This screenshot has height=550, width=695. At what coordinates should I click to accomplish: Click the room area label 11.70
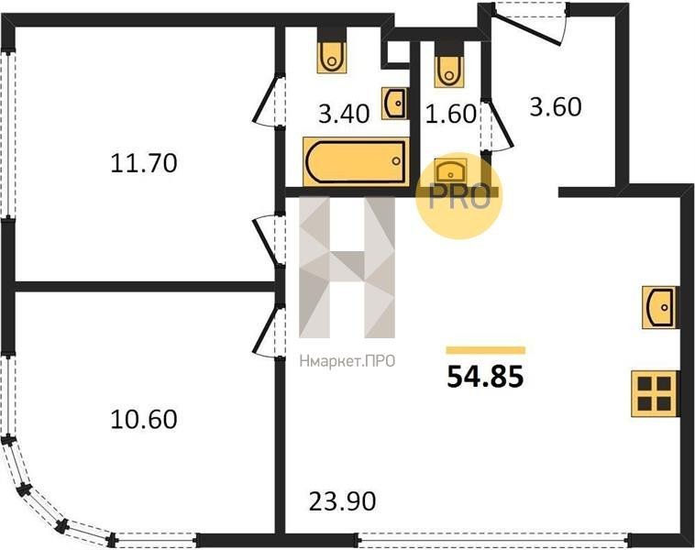click(144, 162)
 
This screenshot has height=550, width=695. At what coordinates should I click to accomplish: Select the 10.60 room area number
click(144, 419)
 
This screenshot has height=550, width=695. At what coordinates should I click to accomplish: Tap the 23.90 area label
click(342, 501)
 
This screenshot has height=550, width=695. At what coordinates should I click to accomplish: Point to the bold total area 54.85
click(485, 378)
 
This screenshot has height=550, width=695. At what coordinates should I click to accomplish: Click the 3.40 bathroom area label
click(344, 114)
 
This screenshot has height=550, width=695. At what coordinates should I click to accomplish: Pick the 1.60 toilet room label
click(451, 114)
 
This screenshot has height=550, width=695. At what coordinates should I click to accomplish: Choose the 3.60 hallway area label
click(556, 107)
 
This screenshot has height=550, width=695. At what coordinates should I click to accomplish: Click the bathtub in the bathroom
click(356, 161)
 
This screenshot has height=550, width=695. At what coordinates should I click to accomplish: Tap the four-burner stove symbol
click(655, 393)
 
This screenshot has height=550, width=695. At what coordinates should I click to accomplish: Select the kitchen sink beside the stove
click(659, 307)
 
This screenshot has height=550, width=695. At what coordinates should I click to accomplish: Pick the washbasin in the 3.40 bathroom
click(394, 104)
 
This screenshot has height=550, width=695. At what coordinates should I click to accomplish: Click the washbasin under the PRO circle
click(451, 170)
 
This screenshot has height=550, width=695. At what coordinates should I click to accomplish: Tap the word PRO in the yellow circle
click(459, 196)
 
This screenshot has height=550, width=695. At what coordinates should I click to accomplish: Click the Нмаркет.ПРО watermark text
click(347, 362)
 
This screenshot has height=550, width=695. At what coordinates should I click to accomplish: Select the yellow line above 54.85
click(486, 350)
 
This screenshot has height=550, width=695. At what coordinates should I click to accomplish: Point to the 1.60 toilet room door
click(497, 126)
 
